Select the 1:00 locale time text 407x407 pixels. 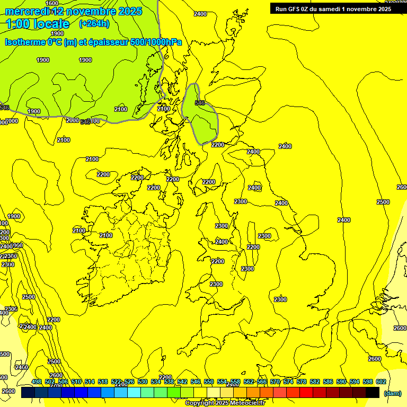(38, 24)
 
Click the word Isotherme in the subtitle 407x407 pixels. (24, 42)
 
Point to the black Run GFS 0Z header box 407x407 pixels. (333, 8)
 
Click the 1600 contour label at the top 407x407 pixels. (52, 3)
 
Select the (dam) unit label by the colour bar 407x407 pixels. (392, 393)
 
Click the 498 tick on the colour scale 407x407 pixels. (37, 382)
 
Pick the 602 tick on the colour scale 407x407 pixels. (381, 382)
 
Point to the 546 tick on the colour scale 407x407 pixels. (196, 382)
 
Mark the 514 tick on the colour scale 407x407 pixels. (90, 382)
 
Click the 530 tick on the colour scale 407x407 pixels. (143, 382)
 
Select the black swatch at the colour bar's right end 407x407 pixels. (373, 393)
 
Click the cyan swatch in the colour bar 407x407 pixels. (134, 393)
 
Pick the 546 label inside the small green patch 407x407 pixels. (199, 103)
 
